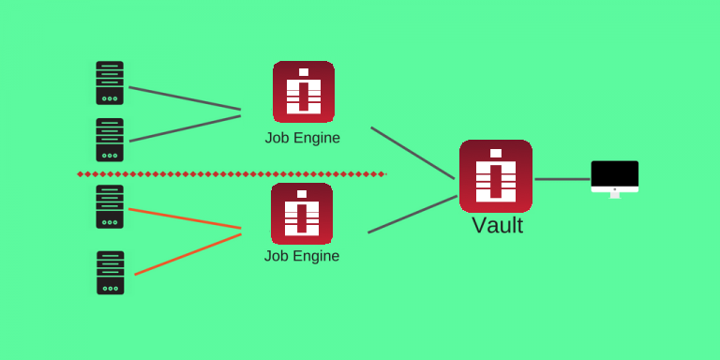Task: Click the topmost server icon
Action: pos(110,83)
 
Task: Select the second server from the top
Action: pos(110,140)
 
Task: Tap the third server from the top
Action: pos(110,206)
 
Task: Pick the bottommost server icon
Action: pos(110,273)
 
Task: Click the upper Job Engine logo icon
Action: pos(304,92)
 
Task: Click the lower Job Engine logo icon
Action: pos(302,214)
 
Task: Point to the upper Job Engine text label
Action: pos(302,138)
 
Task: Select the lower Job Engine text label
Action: pos(302,256)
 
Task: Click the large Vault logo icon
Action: pos(496,176)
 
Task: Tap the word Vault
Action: pos(497,226)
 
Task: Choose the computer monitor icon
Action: pos(615,175)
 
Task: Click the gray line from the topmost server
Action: pos(185,98)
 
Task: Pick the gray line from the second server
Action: pos(185,128)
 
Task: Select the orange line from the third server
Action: pos(185,218)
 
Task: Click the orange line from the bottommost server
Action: pos(187,254)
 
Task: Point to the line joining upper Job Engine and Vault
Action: pos(412,153)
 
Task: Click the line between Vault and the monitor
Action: pos(562,179)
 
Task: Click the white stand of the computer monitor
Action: pos(615,194)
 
